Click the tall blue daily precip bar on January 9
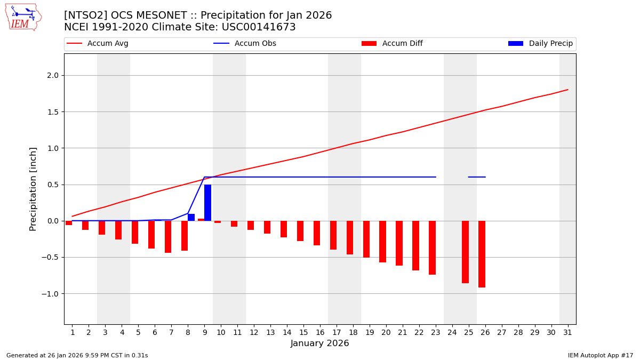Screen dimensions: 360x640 (207, 203)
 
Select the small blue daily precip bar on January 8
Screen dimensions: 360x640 (191, 217)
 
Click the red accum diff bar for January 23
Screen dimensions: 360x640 (432, 247)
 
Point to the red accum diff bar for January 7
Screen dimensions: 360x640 (168, 237)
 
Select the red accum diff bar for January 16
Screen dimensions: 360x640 (317, 233)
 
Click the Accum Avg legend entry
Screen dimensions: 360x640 (98, 44)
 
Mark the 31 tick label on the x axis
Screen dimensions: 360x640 (567, 332)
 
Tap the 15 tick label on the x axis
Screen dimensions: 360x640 (303, 332)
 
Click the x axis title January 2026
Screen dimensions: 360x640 (319, 343)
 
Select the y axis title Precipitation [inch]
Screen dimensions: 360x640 (33, 189)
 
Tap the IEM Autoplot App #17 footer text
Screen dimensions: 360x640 (601, 355)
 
